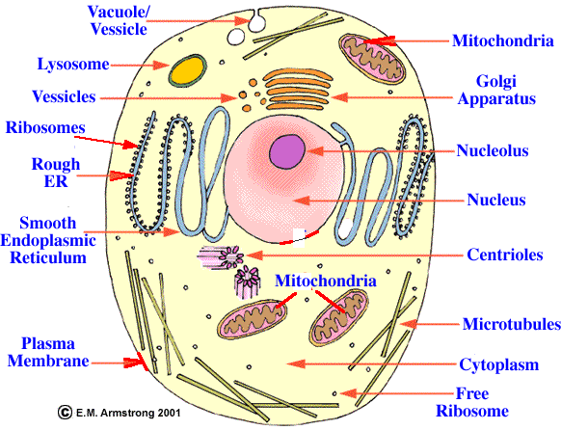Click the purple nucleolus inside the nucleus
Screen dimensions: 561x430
click(287, 151)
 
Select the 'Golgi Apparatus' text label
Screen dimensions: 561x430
click(496, 90)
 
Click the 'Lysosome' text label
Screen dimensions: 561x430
click(73, 65)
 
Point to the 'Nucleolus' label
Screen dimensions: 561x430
click(493, 150)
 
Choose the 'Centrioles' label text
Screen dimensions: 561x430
click(505, 255)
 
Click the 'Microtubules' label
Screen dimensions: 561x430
click(512, 324)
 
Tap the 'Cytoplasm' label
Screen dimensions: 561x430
click(498, 364)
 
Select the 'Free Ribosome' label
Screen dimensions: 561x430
click(472, 402)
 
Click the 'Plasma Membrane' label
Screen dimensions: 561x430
click(48, 352)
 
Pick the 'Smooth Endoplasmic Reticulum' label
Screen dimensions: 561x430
click(48, 240)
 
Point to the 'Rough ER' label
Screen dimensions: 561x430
click(56, 173)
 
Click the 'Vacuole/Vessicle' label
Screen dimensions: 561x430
click(119, 20)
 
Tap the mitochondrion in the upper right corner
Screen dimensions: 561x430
click(372, 59)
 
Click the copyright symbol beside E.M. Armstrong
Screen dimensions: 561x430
click(65, 412)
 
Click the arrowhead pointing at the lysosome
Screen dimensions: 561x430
click(161, 66)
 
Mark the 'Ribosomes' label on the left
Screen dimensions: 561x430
click(45, 127)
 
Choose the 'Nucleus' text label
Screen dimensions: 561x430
click(496, 200)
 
